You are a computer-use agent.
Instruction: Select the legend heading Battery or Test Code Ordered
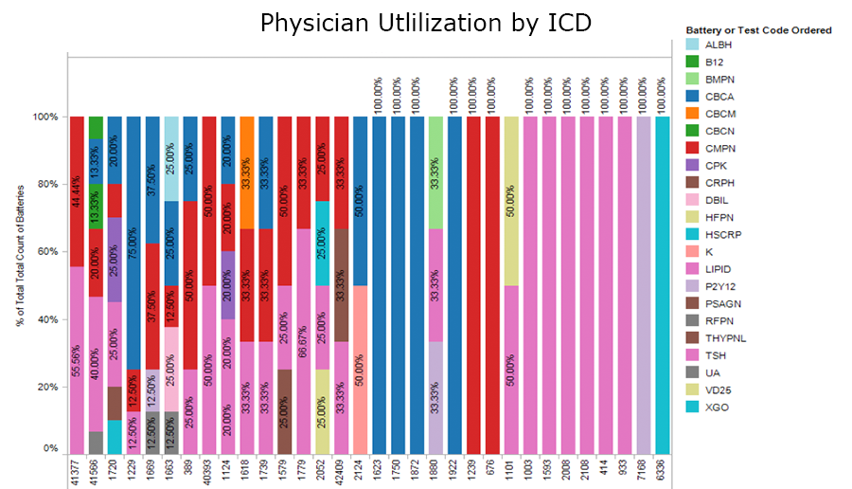coord(758,30)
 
